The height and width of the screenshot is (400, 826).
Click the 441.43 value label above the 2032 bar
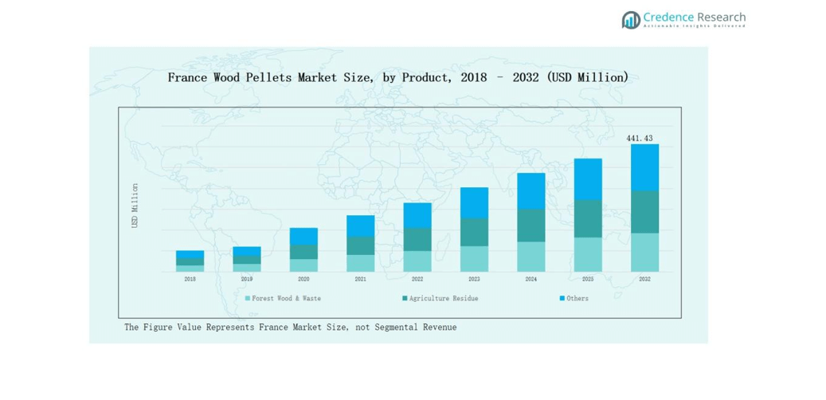pyautogui.click(x=640, y=139)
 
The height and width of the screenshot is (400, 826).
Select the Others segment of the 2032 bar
pyautogui.click(x=644, y=167)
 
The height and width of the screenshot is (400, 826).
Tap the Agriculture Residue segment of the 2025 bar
pyautogui.click(x=588, y=218)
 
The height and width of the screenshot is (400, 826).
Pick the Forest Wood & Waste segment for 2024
pyautogui.click(x=531, y=257)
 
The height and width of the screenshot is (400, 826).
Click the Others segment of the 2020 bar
pyautogui.click(x=303, y=236)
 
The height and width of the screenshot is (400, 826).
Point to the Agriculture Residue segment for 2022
pyautogui.click(x=417, y=239)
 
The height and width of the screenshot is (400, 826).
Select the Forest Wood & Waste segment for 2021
pyautogui.click(x=360, y=263)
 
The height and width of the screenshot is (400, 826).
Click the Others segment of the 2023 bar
pyautogui.click(x=474, y=203)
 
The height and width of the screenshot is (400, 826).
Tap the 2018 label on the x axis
pyautogui.click(x=190, y=280)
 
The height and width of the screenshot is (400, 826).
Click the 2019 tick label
pyautogui.click(x=247, y=280)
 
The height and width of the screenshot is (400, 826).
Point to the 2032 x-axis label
pyautogui.click(x=644, y=280)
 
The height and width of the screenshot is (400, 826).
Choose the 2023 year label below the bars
pyautogui.click(x=474, y=280)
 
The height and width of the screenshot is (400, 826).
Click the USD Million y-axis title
pyautogui.click(x=135, y=206)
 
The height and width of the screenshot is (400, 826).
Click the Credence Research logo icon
pyautogui.click(x=631, y=20)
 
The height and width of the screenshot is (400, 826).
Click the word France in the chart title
pyautogui.click(x=186, y=77)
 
